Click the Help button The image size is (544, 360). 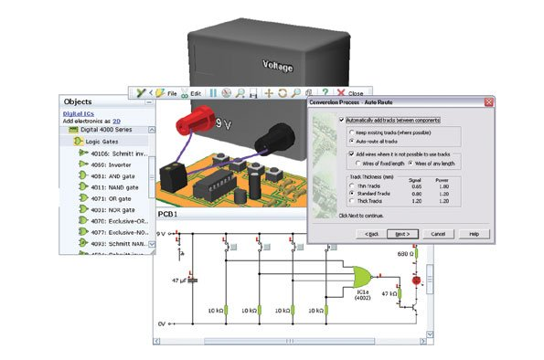[474, 233]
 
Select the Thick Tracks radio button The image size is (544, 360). [351, 201]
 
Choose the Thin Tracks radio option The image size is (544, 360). [351, 185]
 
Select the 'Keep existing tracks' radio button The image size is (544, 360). [351, 133]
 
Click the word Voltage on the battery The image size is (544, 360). [279, 66]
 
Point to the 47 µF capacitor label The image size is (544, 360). [176, 282]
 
